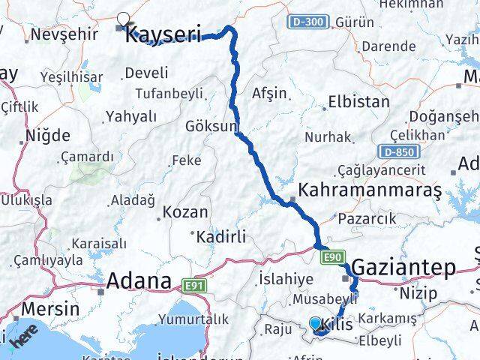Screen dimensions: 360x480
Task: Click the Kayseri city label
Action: point(163,34)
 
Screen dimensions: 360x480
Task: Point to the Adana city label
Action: point(139,281)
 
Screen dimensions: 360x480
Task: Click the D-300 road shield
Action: point(307,22)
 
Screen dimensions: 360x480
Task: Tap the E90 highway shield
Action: point(334,258)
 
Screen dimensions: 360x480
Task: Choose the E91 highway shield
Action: point(193,285)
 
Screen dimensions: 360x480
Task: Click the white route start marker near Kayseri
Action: point(123,20)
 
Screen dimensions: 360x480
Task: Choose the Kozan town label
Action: point(184,213)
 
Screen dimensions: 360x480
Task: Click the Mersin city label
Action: point(51,309)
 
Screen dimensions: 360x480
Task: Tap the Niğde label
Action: point(48,136)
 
